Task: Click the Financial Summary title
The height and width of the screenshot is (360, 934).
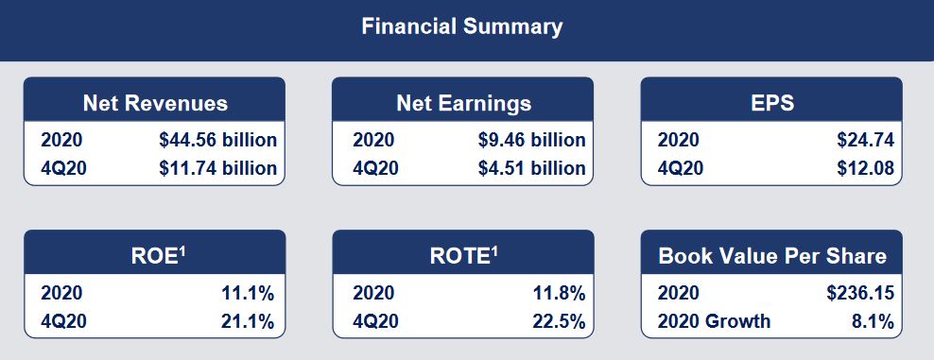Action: coord(461,26)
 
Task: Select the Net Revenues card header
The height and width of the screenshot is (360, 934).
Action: coord(155,103)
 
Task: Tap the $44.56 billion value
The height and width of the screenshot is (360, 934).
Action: coord(217,141)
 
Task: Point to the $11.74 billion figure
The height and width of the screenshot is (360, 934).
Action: coord(217,169)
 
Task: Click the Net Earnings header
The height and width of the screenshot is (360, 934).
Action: coord(462,103)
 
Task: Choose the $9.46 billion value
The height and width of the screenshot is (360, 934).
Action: coord(531,141)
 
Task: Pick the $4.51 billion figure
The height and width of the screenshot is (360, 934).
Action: coord(531,169)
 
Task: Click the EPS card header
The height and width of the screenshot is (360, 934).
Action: coord(770,103)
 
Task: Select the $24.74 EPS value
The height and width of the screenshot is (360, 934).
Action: coord(865,141)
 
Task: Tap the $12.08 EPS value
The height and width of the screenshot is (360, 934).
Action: coord(865,169)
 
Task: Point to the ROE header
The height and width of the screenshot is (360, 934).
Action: coord(155,256)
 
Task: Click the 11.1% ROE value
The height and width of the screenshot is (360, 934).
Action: coord(248,294)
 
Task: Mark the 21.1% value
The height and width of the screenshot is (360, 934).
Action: coord(248,322)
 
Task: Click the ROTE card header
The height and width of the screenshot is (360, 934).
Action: coord(462,256)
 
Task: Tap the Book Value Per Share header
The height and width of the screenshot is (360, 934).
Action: coord(771,256)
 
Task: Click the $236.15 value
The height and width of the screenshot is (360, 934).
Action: coord(859,294)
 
